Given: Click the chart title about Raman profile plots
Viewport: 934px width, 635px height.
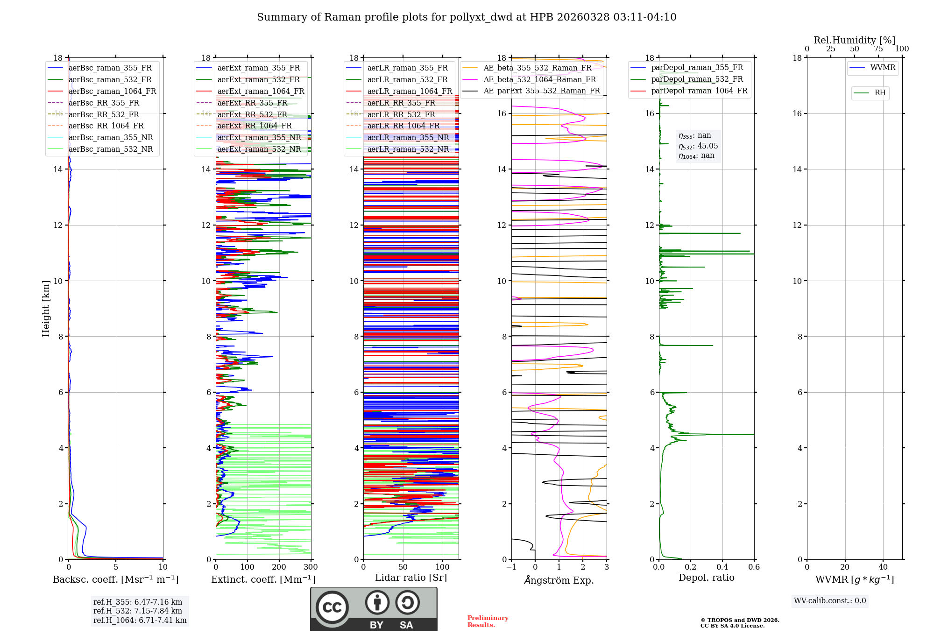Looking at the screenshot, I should coord(467,17).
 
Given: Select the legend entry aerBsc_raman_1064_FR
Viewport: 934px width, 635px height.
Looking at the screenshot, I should coord(112,91).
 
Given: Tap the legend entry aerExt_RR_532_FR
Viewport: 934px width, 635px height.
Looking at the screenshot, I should coord(252,114).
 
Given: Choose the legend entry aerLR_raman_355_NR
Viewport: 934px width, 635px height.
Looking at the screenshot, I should coord(408,137).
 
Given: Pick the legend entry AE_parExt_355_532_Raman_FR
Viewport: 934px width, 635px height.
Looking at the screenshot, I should coord(541,91).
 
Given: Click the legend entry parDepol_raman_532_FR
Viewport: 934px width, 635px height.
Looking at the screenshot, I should coord(697,79).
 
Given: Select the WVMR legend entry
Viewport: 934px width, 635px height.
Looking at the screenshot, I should coord(882,68).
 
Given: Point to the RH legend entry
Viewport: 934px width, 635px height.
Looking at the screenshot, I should coord(880,93).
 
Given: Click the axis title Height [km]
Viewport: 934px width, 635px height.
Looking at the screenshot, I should coord(46,309).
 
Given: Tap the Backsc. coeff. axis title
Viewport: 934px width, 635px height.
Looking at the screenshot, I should coord(115,579).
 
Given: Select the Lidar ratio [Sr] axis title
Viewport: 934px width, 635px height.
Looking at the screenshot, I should coord(411,578).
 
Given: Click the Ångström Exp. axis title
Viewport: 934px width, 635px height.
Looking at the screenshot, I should coord(559,580).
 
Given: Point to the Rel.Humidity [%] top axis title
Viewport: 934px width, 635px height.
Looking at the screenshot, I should coord(855,40).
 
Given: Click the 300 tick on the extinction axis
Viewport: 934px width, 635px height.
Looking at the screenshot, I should coord(311,567).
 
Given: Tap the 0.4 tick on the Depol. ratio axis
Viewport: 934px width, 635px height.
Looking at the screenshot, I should coord(722,567).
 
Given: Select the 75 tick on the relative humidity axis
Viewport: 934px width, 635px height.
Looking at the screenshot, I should coord(878,49).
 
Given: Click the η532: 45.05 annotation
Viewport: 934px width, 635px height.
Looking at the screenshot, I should coord(698,146).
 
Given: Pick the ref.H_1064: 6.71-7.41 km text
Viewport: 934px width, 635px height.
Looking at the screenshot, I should coord(140,620).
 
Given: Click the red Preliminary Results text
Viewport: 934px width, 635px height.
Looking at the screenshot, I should coord(488,621).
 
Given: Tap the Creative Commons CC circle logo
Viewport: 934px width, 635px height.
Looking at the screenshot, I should coord(332,607).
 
